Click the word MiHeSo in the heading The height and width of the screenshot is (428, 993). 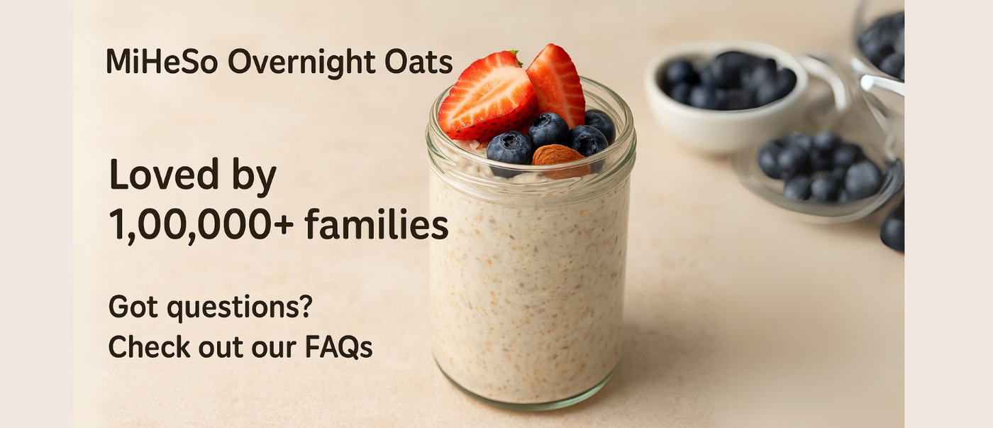tap(162, 61)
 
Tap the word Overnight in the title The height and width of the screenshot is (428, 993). tap(301, 62)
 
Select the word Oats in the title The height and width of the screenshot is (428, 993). tap(418, 62)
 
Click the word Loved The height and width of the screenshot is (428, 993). tap(164, 175)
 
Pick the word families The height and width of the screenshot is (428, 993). tap(377, 224)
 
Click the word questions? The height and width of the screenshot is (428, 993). tap(240, 308)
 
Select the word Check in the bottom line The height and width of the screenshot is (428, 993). tap(150, 346)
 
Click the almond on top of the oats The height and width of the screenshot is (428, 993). tap(561, 160)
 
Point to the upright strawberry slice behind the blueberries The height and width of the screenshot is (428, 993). tap(556, 84)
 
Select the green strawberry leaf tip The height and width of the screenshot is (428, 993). tap(515, 55)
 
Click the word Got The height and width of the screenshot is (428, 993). tap(133, 307)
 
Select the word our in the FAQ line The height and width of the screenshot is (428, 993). tap(274, 349)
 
